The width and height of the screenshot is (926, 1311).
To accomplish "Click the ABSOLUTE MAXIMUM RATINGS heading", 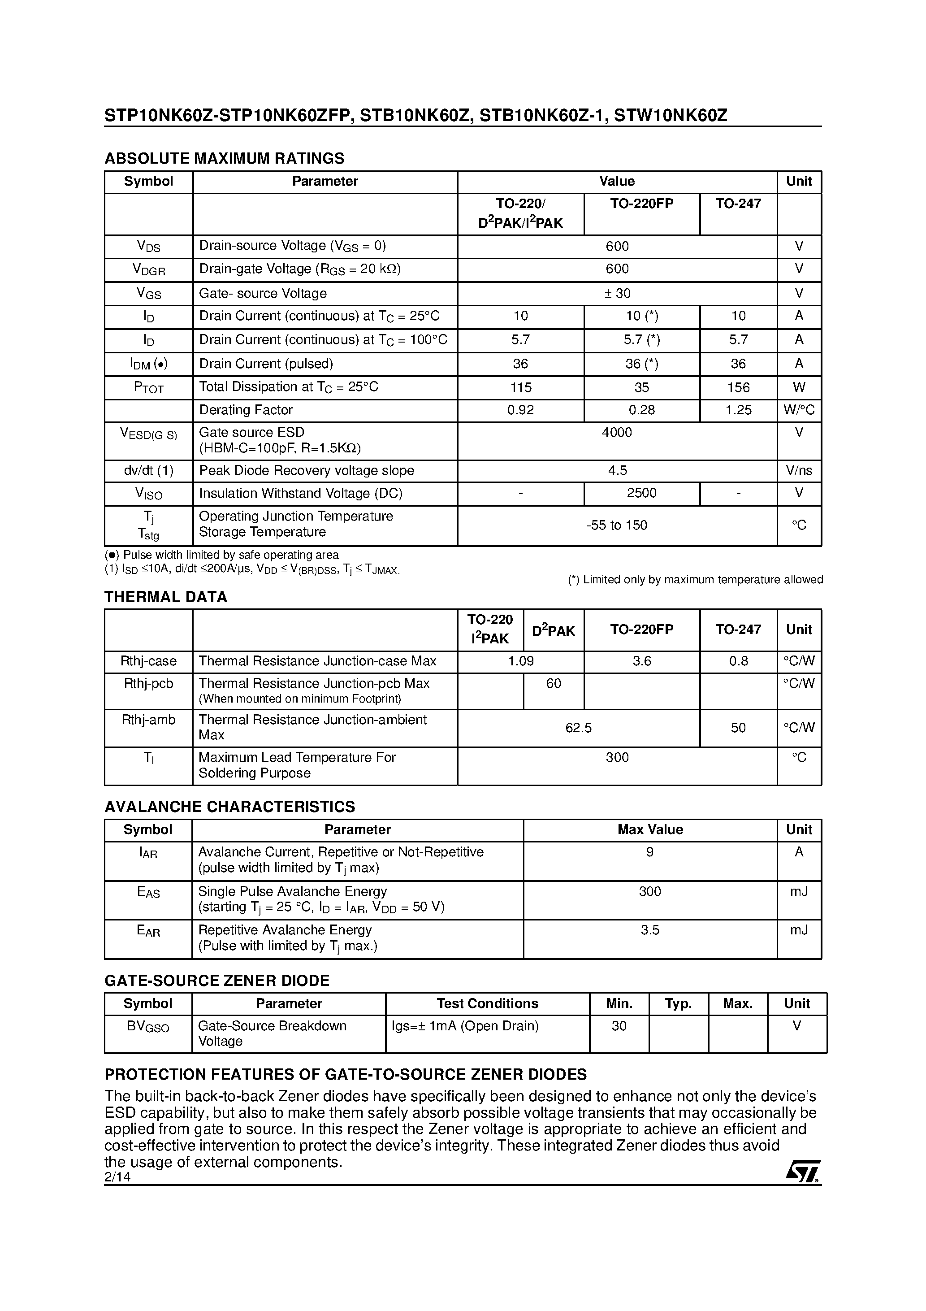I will tap(225, 158).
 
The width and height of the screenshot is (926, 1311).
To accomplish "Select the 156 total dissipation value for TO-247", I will tap(738, 388).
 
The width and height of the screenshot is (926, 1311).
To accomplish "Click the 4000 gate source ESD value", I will tap(617, 433).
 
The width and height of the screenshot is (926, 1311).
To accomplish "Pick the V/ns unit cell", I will tap(799, 470).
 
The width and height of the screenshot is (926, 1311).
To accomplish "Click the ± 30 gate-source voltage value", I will tap(617, 294).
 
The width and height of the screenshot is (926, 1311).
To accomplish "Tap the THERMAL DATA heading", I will tap(165, 597).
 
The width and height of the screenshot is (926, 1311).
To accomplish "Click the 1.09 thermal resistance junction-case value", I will tap(521, 661).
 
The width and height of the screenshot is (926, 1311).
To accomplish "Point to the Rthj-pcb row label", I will tap(148, 683).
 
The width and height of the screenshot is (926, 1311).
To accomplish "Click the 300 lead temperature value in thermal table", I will tap(617, 758).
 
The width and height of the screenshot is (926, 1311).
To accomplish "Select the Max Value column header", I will tap(650, 829).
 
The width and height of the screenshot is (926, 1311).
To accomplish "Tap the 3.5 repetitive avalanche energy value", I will tap(650, 930).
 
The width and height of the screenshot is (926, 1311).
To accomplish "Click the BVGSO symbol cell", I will tap(148, 1027).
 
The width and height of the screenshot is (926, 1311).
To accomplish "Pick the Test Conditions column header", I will tap(487, 1004).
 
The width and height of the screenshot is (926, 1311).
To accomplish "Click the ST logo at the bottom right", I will tap(803, 1172).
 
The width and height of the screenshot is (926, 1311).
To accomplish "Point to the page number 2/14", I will tap(117, 1177).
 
